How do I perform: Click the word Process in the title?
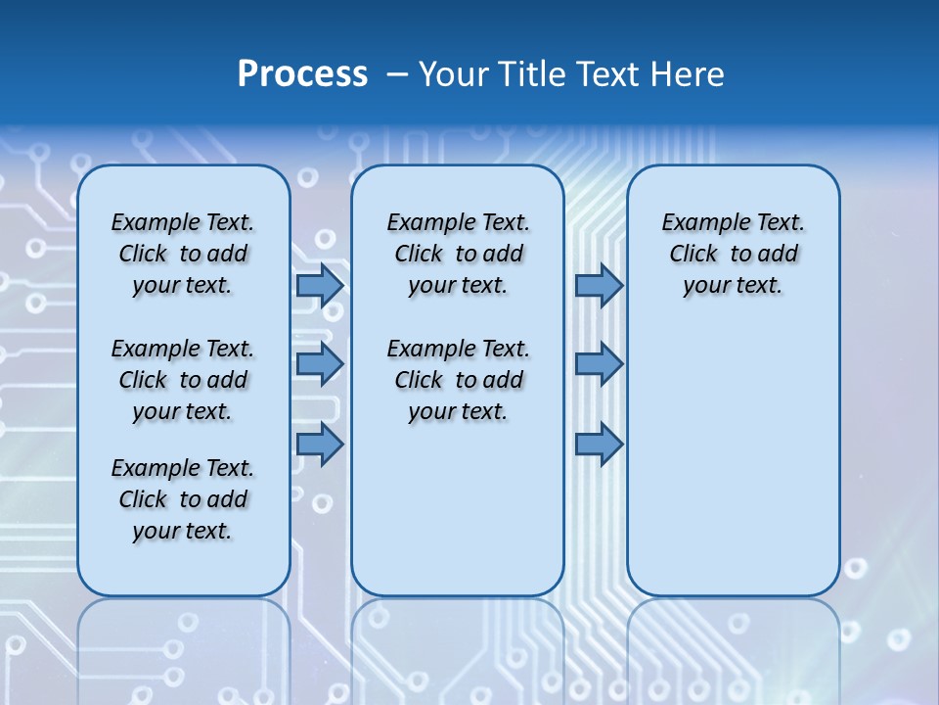[x=302, y=74]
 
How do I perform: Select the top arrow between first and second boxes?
[x=320, y=285]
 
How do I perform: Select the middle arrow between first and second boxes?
[x=320, y=364]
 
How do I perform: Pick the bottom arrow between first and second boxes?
[x=320, y=445]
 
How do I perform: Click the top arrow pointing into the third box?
[x=599, y=285]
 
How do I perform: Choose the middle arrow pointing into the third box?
[x=599, y=364]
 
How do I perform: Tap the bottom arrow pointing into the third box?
[x=599, y=445]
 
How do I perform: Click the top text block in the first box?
[x=183, y=254]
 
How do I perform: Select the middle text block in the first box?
[x=183, y=380]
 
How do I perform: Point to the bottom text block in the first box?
[x=183, y=499]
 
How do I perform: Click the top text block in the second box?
[x=458, y=254]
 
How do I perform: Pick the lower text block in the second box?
[x=458, y=380]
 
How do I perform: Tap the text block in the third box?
[x=733, y=254]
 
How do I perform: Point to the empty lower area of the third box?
[x=733, y=460]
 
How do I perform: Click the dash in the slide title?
[x=397, y=74]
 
